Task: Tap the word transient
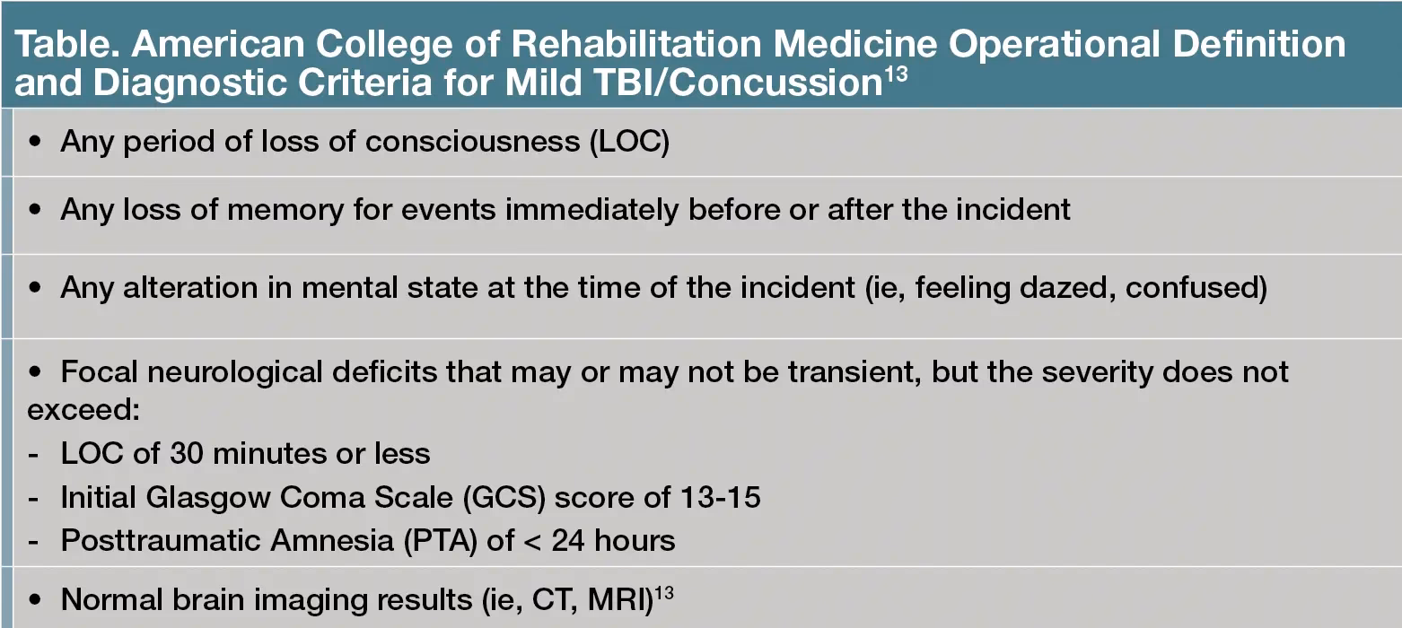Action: click(x=849, y=371)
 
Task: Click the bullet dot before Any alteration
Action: click(x=36, y=289)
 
